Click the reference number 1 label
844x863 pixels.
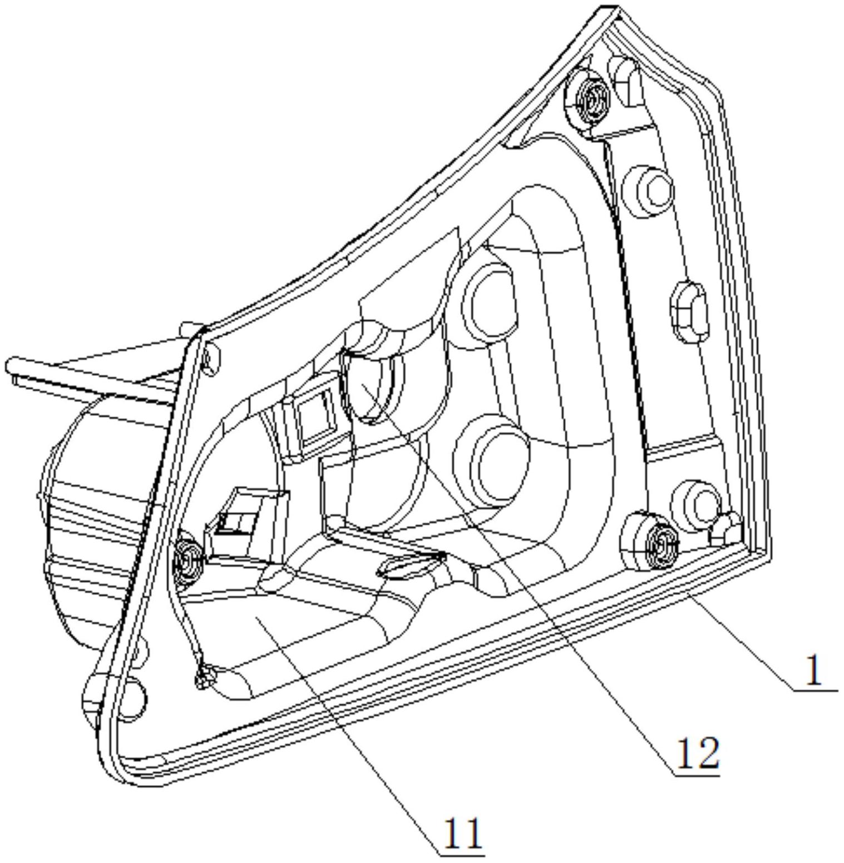[813, 671]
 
